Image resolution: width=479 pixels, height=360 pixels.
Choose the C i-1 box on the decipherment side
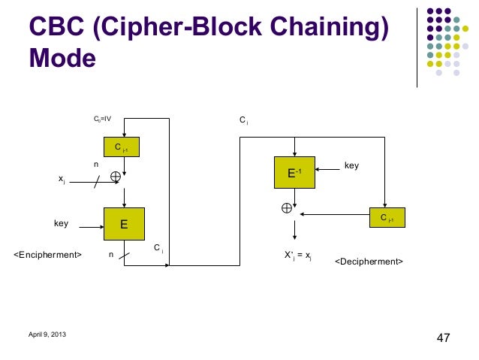tap(387, 218)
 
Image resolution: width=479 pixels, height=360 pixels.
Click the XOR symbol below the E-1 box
tap(286, 208)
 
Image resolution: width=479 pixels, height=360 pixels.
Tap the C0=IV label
tap(102, 119)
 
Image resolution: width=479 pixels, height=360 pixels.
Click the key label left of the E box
tap(62, 223)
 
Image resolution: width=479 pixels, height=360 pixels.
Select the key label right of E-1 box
tap(351, 164)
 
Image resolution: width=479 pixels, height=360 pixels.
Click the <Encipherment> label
tap(48, 255)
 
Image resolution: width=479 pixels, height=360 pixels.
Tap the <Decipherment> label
tap(369, 262)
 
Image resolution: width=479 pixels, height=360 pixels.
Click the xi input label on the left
tap(61, 179)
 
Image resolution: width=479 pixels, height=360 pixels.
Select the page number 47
tap(443, 337)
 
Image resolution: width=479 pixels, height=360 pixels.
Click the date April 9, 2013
tap(47, 334)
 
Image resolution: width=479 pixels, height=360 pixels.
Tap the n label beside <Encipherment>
tap(111, 255)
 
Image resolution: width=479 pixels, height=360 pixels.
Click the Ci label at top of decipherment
tap(244, 119)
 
